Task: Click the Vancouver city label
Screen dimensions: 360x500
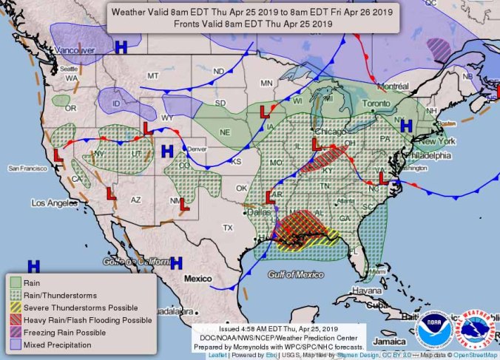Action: [x=75, y=50]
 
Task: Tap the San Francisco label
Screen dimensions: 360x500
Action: [x=27, y=169]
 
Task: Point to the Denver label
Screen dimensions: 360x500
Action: [x=197, y=149]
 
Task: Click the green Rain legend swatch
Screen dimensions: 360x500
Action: [x=15, y=282]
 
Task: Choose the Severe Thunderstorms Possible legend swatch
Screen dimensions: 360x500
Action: [x=15, y=308]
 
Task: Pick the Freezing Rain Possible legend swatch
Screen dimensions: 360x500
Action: [x=15, y=333]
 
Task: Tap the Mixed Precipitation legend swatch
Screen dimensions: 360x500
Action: [x=15, y=345]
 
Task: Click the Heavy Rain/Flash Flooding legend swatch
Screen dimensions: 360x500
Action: [x=15, y=320]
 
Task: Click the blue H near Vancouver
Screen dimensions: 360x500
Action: [x=121, y=47]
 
